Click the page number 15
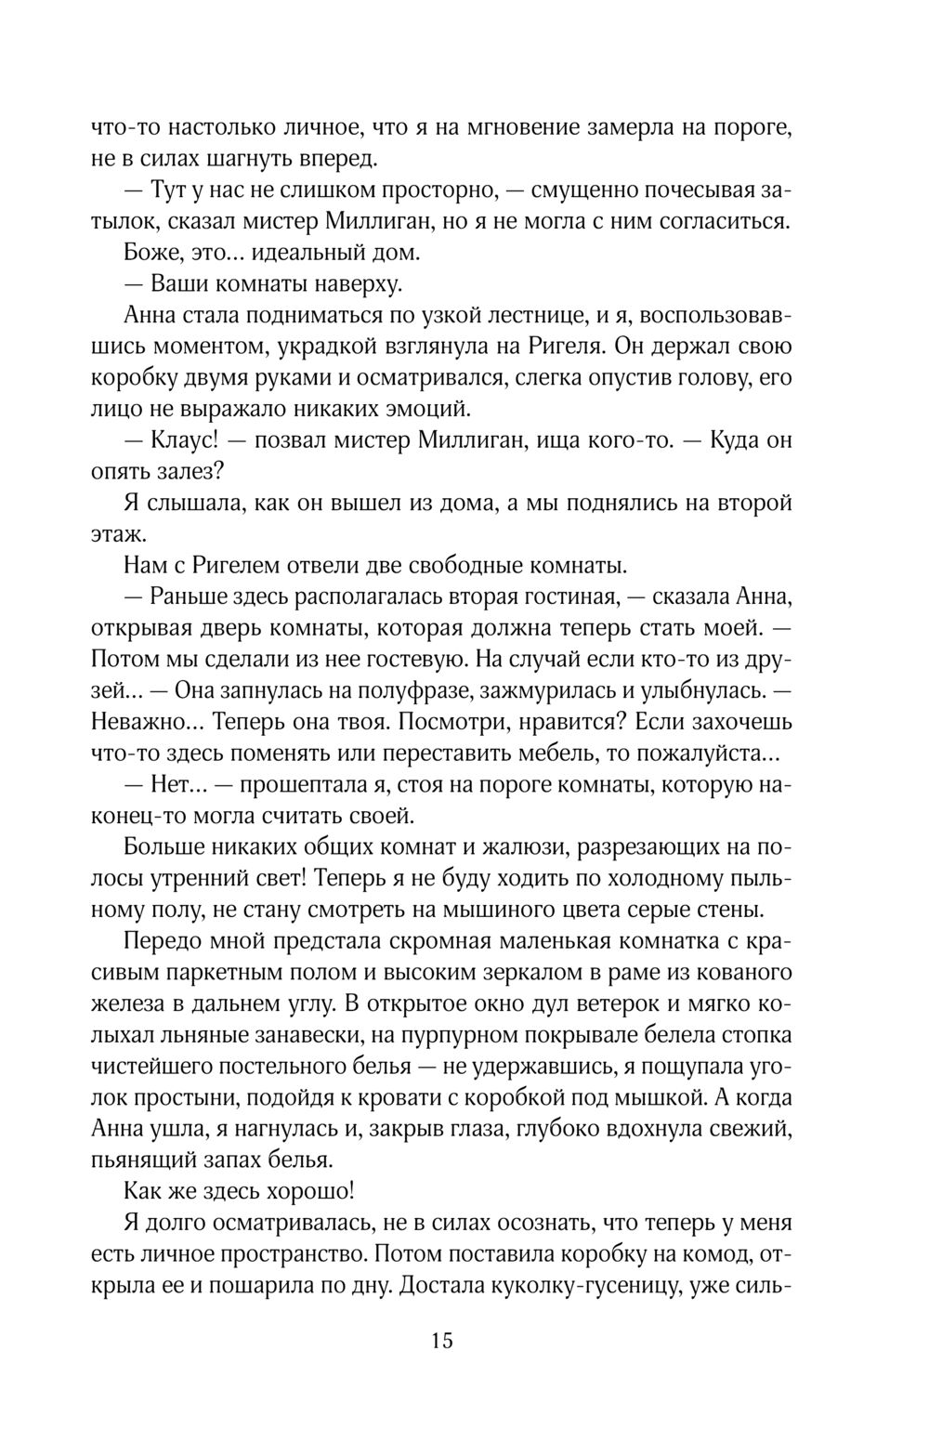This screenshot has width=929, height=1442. [442, 1341]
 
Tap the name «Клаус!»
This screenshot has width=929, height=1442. [170, 439]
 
